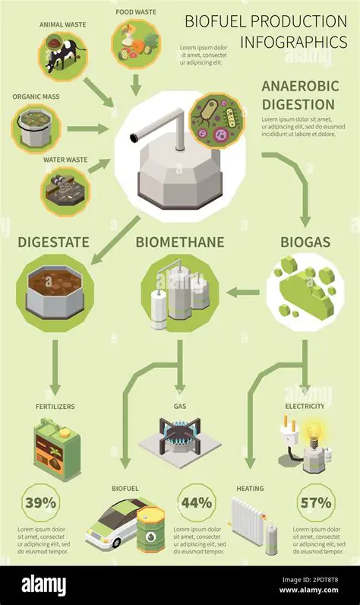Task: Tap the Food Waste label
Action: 137,12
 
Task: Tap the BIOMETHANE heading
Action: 179,242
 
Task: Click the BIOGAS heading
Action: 305,242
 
